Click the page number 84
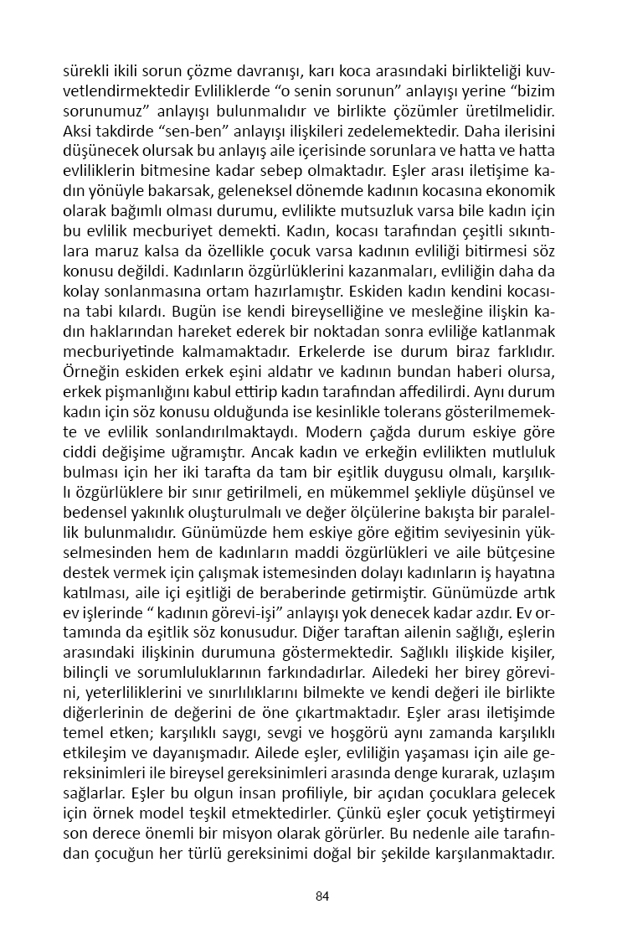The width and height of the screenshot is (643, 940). click(x=321, y=896)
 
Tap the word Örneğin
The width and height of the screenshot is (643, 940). click(x=89, y=392)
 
